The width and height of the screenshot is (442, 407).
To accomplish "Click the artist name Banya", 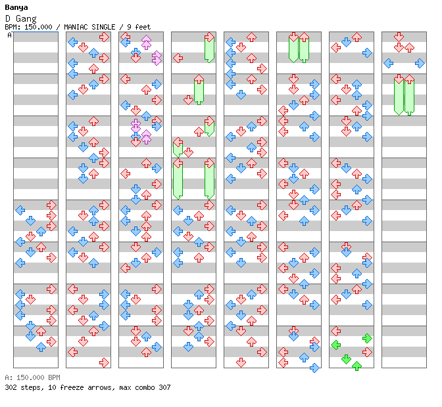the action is [16, 7].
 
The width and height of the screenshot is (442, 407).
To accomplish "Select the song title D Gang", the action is [20, 18].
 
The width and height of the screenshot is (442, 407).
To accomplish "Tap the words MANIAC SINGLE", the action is [89, 27].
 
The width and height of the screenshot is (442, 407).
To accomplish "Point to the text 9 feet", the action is [139, 27].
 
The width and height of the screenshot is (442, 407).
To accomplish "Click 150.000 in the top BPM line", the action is [38, 27].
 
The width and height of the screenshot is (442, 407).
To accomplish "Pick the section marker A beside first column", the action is [10, 35].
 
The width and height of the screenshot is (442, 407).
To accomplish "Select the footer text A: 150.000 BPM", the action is [32, 377].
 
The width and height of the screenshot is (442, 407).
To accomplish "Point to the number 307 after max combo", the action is [164, 387].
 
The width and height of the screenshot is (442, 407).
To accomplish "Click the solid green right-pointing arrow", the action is [367, 338].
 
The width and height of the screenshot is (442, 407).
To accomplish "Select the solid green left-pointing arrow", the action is [335, 345].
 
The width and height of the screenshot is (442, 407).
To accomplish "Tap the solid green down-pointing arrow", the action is [346, 359].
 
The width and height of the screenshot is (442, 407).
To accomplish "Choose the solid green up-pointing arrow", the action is [357, 366].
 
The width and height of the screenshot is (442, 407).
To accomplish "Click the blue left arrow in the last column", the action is [389, 63].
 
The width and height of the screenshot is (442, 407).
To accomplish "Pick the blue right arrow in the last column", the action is [420, 63].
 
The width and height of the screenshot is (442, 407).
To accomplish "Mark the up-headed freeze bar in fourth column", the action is [199, 89].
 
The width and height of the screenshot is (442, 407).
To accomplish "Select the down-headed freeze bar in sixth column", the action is [293, 47].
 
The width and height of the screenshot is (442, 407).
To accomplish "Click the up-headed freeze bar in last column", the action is [409, 95].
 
